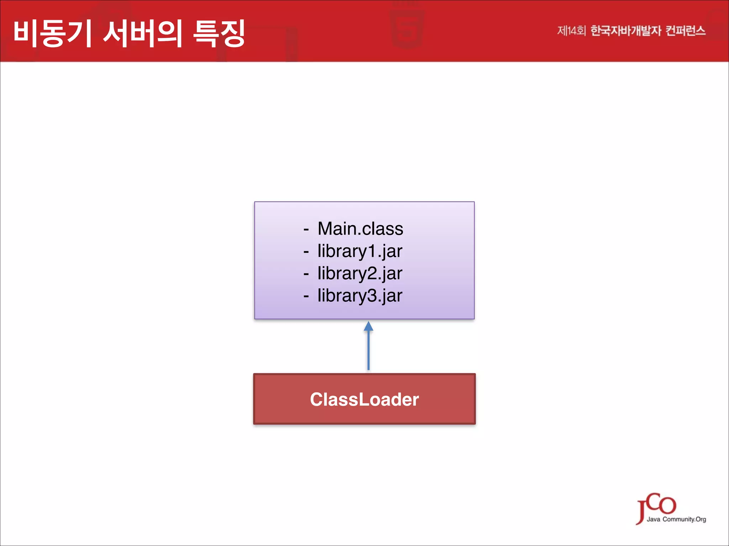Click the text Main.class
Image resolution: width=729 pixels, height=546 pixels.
(360, 229)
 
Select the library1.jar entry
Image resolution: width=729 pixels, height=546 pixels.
(360, 251)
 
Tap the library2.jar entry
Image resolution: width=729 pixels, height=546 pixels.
(360, 273)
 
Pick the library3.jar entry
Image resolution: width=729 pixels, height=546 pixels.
(360, 296)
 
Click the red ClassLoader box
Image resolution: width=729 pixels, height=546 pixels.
(364, 399)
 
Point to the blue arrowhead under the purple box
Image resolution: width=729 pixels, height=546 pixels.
(368, 326)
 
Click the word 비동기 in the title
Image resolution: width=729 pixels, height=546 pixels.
(53, 33)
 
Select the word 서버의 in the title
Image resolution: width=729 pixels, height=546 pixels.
(143, 33)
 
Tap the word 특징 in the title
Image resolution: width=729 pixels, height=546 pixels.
(219, 33)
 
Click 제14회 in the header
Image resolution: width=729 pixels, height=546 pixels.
(571, 31)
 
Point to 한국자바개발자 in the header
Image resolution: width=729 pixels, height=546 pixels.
(625, 31)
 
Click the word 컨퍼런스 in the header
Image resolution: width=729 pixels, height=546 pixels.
(685, 31)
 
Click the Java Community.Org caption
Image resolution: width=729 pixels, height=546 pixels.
(676, 519)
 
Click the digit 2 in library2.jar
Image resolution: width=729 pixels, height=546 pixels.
(372, 273)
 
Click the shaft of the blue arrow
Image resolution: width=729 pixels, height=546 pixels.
(368, 350)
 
